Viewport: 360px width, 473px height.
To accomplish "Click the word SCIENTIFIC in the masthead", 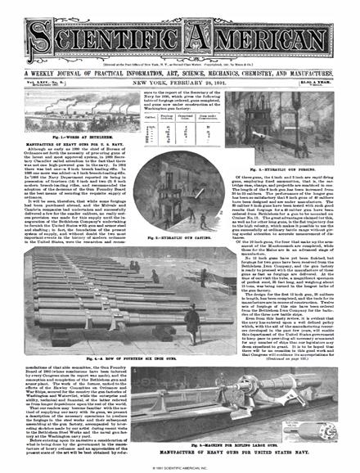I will click(98, 33).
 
